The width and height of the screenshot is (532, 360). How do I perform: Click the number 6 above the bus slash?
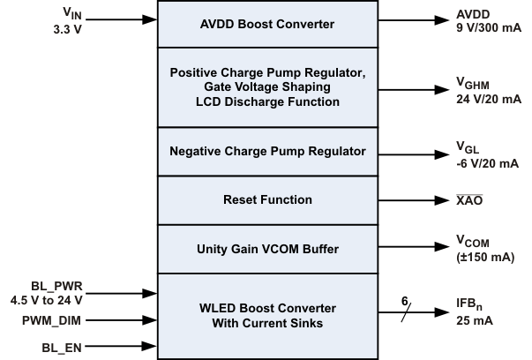pyautogui.click(x=406, y=300)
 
